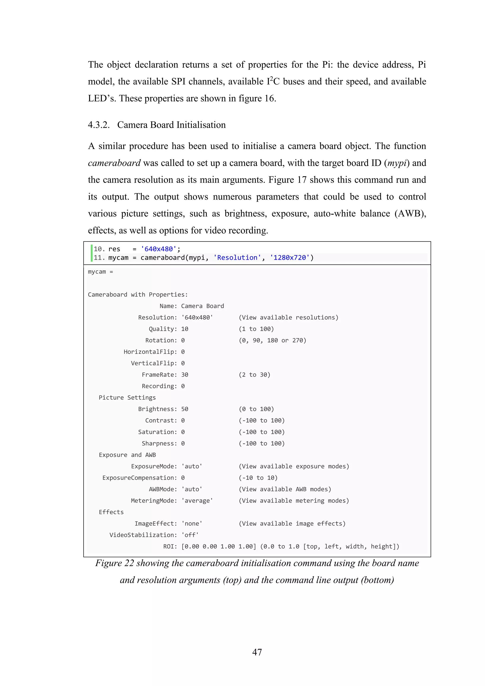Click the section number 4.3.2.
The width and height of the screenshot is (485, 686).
(x=99, y=125)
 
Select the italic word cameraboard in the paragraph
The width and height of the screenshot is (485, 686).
(x=114, y=163)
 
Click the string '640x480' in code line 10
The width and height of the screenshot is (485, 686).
(x=159, y=249)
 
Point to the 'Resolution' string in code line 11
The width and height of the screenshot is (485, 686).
(x=237, y=258)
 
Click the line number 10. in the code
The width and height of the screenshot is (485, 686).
(x=99, y=249)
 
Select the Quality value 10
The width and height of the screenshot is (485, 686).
(x=184, y=329)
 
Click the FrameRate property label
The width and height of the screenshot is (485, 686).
(x=159, y=375)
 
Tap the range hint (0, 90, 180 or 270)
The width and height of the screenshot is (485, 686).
(x=272, y=340)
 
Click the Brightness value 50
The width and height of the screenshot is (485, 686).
(x=184, y=409)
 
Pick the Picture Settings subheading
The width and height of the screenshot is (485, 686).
(x=127, y=398)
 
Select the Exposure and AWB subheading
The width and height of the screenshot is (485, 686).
(x=127, y=455)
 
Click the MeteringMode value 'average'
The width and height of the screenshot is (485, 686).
(x=197, y=500)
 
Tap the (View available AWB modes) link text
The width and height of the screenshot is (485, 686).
(x=285, y=489)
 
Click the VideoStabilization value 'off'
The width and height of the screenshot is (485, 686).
(x=190, y=535)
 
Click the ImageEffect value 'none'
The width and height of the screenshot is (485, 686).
(x=192, y=523)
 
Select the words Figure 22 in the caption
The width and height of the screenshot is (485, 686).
(x=114, y=563)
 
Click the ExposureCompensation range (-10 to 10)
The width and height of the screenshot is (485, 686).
(x=258, y=478)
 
